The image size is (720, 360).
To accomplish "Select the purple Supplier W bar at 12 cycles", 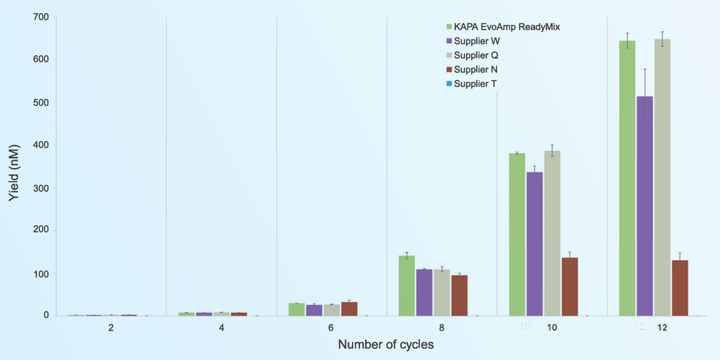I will coord(645,206).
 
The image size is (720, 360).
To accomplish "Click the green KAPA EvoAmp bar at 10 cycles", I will coord(517,235).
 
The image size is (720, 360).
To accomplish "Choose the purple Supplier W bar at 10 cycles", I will coord(534,244).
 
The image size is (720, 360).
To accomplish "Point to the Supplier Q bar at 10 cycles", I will coord(552,233).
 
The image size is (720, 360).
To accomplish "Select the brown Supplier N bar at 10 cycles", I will coord(570,287).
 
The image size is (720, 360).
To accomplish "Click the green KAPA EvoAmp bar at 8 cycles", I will coord(407,286).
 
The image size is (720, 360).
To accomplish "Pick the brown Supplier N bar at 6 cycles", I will coord(349,309).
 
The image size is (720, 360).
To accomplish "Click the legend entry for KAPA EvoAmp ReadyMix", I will coord(507,27).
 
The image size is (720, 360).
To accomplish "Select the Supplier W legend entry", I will coord(477,41).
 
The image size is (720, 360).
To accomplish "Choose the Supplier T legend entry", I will coord(475,84).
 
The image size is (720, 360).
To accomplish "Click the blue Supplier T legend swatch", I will coord(449,84).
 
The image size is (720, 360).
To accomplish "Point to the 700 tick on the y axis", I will coord(41,17).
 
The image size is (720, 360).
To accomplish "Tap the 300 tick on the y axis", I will coord(41,188).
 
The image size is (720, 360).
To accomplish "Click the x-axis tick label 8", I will coord(442,328).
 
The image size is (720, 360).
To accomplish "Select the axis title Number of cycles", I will coord(386,344).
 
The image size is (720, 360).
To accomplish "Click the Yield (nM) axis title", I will coord(14,173).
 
